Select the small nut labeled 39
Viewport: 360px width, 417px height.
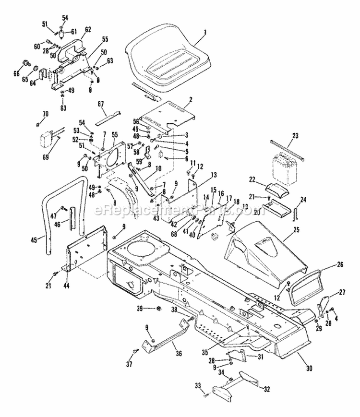click(x=159, y=308)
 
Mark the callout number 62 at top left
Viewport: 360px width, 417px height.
click(x=88, y=29)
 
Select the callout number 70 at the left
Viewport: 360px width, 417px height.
click(x=46, y=114)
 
